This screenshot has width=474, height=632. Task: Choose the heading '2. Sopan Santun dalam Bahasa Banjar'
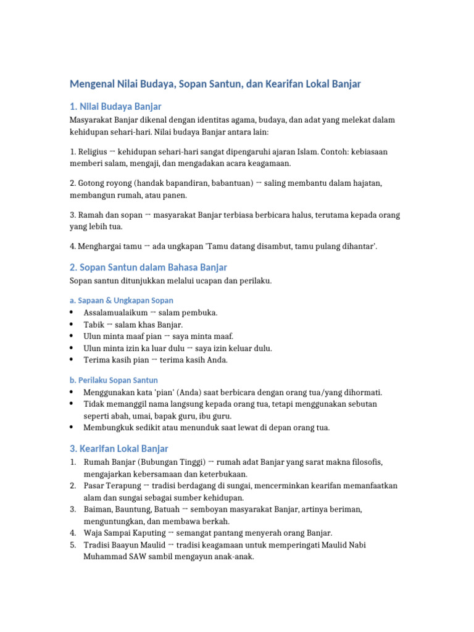click(x=148, y=267)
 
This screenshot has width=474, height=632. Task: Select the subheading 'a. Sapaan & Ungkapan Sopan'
click(x=122, y=300)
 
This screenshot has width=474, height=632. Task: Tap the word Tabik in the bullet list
click(x=94, y=325)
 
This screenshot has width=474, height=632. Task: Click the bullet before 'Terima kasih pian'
click(x=72, y=360)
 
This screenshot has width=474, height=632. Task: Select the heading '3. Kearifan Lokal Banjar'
click(x=118, y=449)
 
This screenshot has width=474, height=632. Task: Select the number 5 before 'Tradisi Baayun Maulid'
click(x=72, y=544)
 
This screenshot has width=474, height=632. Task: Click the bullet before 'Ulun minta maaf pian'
click(x=72, y=336)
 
